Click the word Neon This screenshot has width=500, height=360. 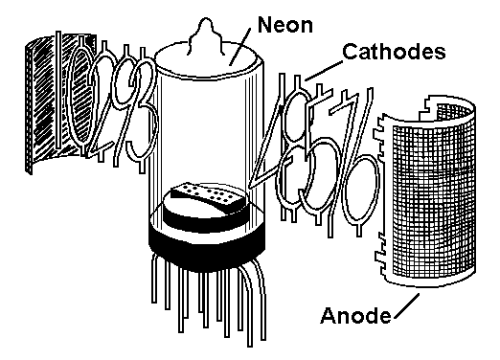click(284, 25)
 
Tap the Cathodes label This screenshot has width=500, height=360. click(394, 52)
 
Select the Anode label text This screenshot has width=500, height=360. click(355, 315)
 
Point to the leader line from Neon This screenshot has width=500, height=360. click(240, 47)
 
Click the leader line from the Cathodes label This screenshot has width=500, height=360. click(324, 71)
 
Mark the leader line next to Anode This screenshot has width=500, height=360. click(407, 305)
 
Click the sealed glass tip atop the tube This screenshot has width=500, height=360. click(205, 34)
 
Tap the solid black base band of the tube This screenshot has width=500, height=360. click(207, 247)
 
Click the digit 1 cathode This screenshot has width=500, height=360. click(58, 90)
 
